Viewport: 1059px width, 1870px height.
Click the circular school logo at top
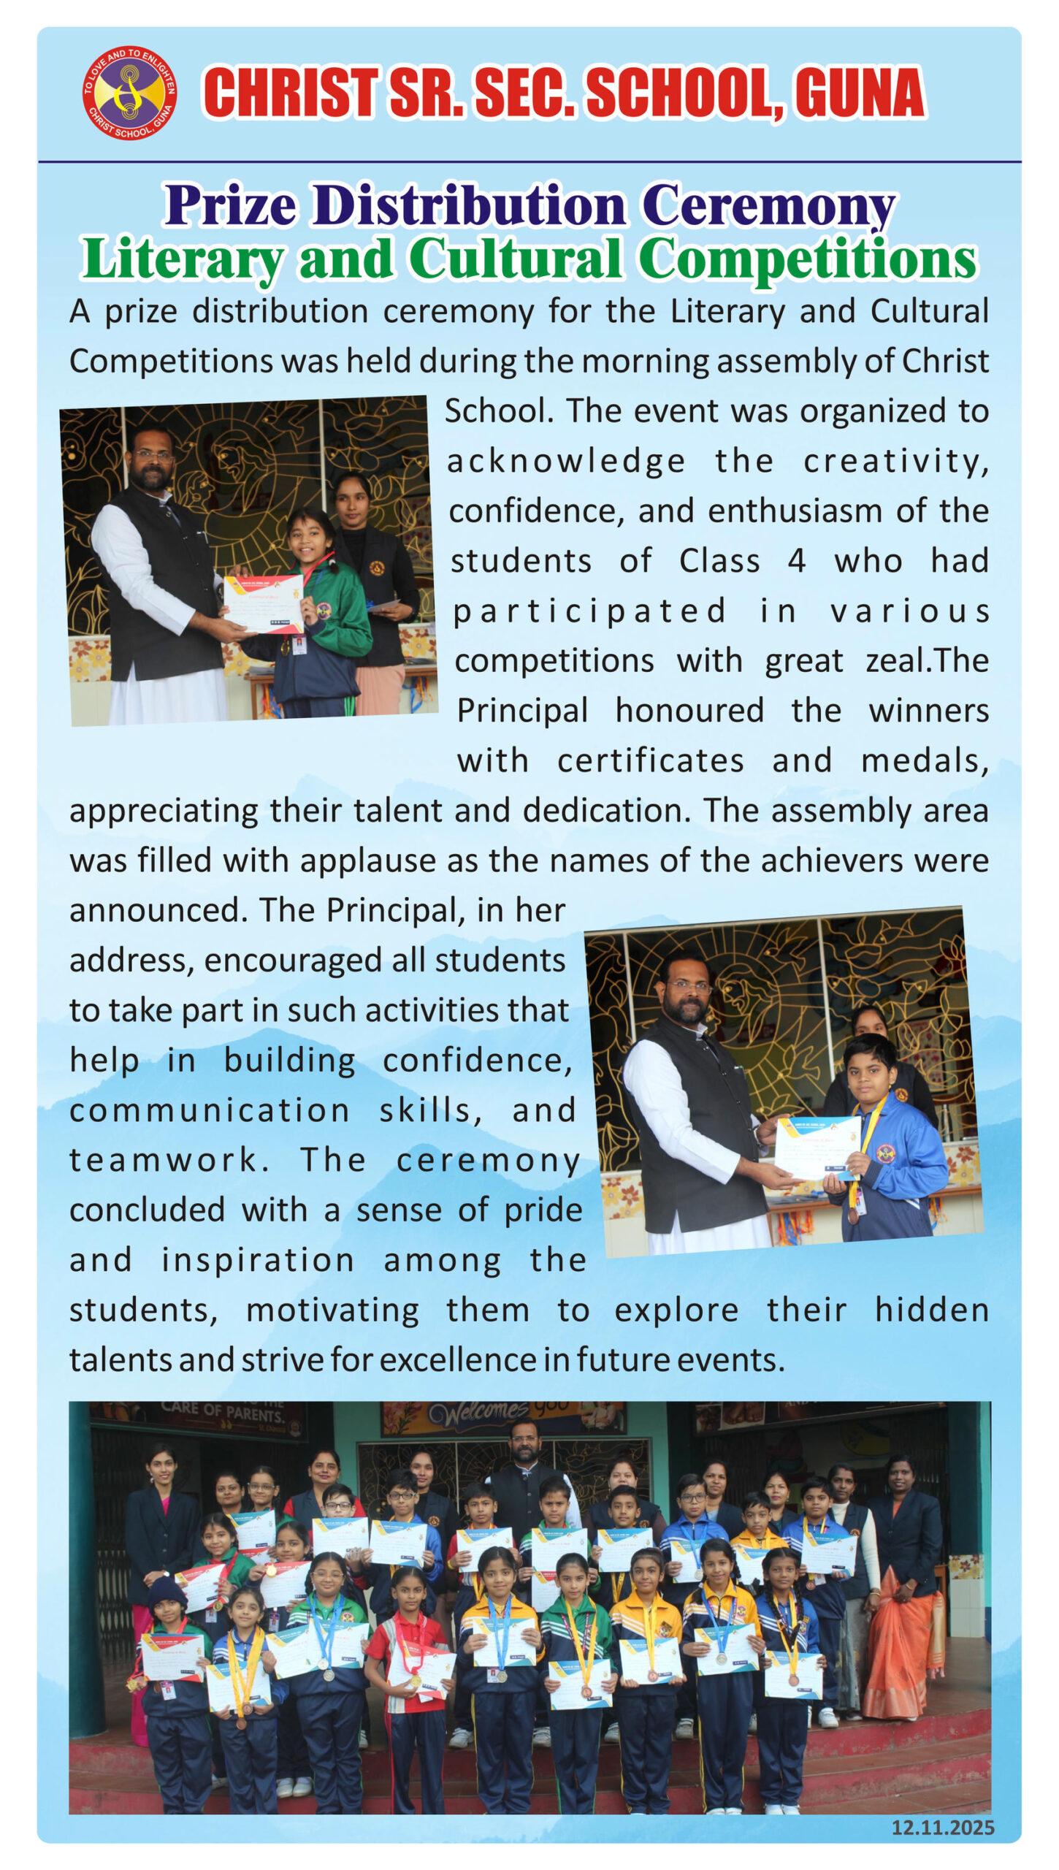129,93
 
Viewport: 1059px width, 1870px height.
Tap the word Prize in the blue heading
230,205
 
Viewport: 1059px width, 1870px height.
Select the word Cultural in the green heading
516,259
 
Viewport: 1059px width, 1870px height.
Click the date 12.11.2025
942,1827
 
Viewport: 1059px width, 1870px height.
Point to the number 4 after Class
796,561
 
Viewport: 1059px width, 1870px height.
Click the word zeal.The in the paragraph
927,660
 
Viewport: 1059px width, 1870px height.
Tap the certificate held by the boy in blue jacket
817,1146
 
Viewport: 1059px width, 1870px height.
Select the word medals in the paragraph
924,760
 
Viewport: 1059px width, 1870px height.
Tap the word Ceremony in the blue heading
768,205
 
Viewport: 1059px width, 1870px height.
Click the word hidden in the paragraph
931,1310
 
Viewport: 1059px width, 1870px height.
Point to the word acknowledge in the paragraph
566,461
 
